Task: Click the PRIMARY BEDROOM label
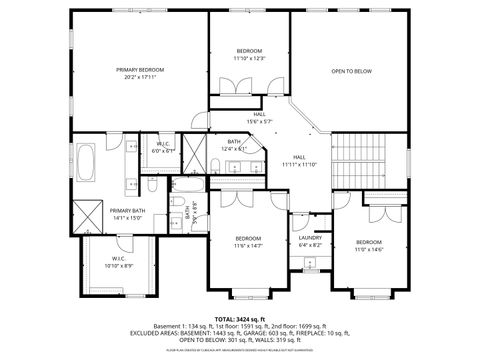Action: click(139, 69)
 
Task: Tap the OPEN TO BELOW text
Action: click(352, 71)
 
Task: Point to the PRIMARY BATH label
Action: click(128, 210)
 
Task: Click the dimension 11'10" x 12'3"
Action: click(249, 58)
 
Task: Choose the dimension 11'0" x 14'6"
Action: click(369, 249)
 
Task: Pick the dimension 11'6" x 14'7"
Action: click(248, 245)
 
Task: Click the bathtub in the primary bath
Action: click(88, 163)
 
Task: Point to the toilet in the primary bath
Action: click(147, 185)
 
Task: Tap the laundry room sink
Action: click(310, 263)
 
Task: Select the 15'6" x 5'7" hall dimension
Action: click(259, 122)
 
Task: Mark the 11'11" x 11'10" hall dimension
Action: click(299, 164)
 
